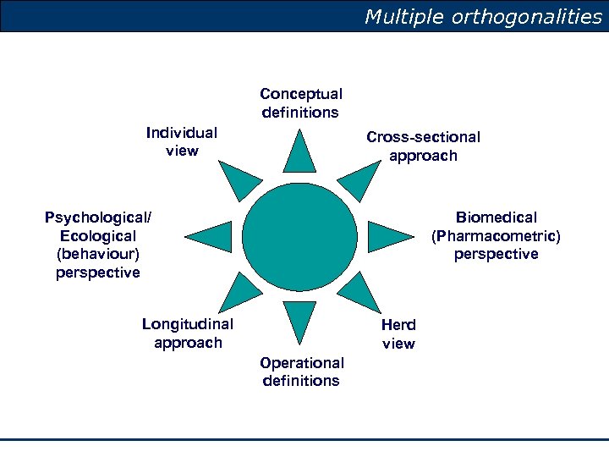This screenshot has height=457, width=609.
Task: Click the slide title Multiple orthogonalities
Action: coord(483,17)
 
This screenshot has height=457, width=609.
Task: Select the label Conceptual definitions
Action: coord(301,103)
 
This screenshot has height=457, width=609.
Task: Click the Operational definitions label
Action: coord(302,372)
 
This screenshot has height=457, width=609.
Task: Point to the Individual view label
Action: coord(182,141)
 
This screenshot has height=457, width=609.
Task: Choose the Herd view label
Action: coord(398,333)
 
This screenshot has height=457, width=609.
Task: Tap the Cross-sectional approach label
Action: coord(423,146)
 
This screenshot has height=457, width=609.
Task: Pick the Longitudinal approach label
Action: coord(188,333)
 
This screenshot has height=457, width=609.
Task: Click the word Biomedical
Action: coord(496,217)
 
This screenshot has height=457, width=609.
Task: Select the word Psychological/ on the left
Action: coord(98,217)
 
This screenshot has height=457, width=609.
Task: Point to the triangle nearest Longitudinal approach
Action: coord(239,293)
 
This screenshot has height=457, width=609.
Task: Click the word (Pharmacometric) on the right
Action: coord(496,235)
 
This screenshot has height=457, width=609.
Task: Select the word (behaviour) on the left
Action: coord(98,254)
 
